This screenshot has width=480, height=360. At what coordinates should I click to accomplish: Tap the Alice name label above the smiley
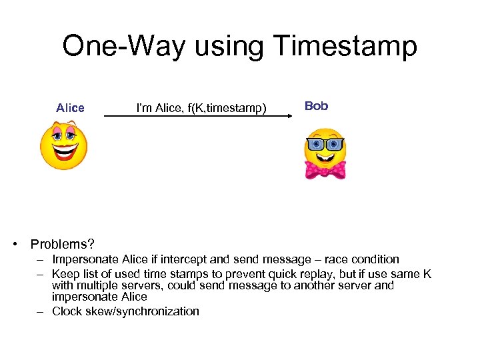point(70,108)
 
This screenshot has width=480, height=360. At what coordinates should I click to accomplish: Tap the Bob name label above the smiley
point(316,106)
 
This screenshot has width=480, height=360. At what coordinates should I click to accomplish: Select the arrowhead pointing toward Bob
point(290,116)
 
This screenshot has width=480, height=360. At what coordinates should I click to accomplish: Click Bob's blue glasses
point(325,144)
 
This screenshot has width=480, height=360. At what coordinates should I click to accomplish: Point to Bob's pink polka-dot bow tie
point(325,169)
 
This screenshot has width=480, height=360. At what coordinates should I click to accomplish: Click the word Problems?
point(62,244)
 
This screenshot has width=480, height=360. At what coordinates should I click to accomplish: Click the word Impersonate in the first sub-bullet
point(86,259)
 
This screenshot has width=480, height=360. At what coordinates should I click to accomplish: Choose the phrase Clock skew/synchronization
point(125,311)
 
